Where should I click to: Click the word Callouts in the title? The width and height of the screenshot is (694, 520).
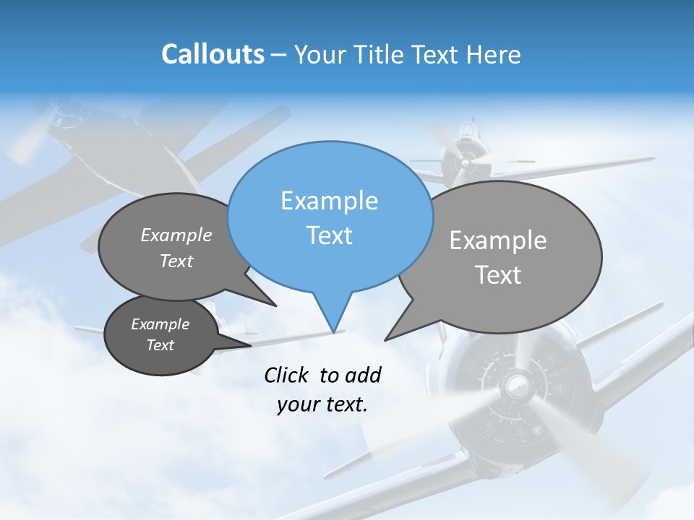(213, 54)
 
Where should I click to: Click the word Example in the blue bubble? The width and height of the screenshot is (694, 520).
(330, 201)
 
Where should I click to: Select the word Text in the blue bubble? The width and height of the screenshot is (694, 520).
(330, 235)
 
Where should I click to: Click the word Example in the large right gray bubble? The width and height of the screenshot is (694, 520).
(498, 240)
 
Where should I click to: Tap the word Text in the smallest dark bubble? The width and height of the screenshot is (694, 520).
(160, 345)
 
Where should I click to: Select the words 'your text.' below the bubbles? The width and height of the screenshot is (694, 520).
(322, 405)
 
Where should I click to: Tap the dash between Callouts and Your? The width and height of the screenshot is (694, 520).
(280, 54)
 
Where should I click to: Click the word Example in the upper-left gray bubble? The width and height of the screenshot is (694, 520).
(176, 235)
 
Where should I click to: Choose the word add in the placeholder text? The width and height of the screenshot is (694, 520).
(362, 375)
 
